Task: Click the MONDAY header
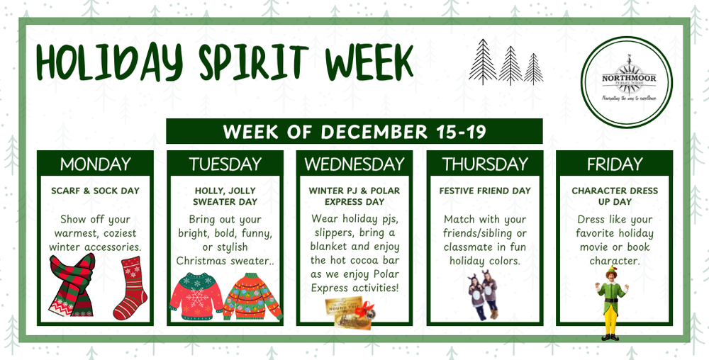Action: (95, 164)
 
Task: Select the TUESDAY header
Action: (225, 164)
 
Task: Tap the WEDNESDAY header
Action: (354, 164)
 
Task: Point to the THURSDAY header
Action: (485, 164)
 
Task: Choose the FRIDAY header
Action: (614, 164)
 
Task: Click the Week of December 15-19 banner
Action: (354, 132)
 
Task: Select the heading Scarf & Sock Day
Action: (95, 191)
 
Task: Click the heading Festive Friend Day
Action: (485, 191)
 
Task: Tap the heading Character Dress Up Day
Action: (614, 196)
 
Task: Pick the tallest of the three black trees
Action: (484, 62)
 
